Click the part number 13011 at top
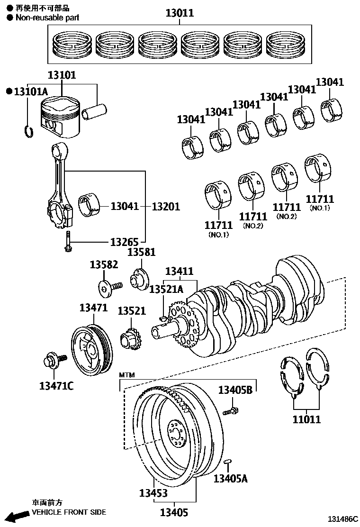(x=180, y=13)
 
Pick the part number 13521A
(x=166, y=289)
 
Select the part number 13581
(x=141, y=252)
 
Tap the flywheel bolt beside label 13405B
(x=231, y=410)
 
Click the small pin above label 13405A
(x=227, y=461)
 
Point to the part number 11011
(x=306, y=419)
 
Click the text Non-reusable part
(x=47, y=18)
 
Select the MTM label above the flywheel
(x=126, y=375)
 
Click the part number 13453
(x=153, y=493)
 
